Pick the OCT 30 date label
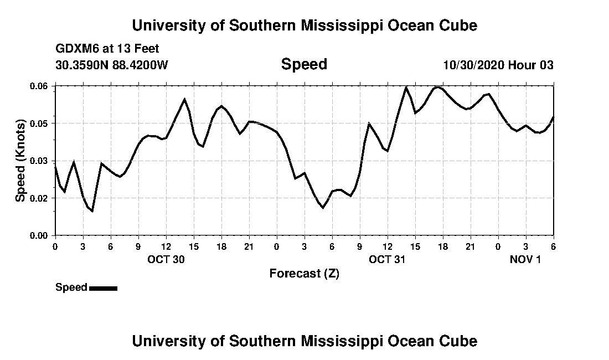[x=166, y=259]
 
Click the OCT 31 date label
[x=387, y=259]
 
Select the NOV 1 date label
[x=525, y=259]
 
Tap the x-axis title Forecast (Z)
[x=304, y=274]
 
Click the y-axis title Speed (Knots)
[x=20, y=161]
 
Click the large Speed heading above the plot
[x=304, y=64]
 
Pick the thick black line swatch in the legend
[x=103, y=288]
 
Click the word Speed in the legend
[x=71, y=287]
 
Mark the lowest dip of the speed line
[x=92, y=211]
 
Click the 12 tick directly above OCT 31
[x=387, y=246]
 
